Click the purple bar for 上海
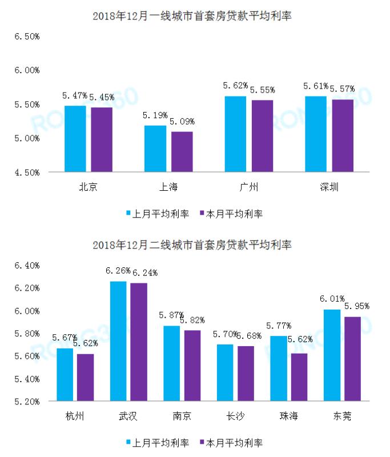tap(182, 151)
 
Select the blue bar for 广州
tap(235, 134)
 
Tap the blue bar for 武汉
tap(118, 341)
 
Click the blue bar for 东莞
tap(332, 355)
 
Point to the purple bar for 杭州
tap(85, 378)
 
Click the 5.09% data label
tap(182, 122)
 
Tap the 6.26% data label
tap(118, 271)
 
